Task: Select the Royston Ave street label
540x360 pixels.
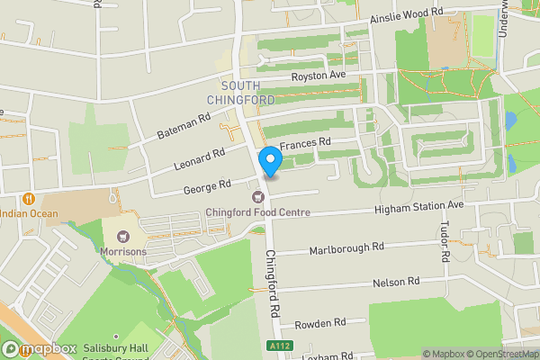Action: [318, 76]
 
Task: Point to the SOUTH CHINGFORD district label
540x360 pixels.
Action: [239, 93]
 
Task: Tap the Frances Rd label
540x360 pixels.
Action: [305, 143]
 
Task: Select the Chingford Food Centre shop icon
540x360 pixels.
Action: [258, 197]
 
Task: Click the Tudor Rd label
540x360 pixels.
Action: [445, 241]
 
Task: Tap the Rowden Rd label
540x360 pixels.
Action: [320, 323]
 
